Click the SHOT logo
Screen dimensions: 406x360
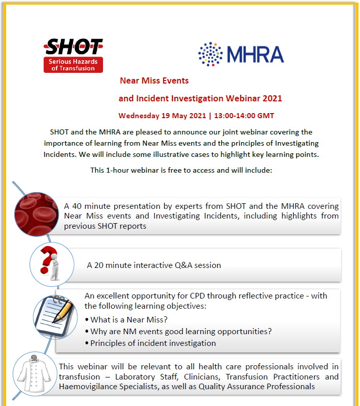73,55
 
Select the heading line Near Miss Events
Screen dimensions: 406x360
154,80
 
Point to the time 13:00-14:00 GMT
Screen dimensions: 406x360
243,116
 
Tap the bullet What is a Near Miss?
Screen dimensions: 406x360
128,320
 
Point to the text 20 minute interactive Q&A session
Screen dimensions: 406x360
154,265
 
